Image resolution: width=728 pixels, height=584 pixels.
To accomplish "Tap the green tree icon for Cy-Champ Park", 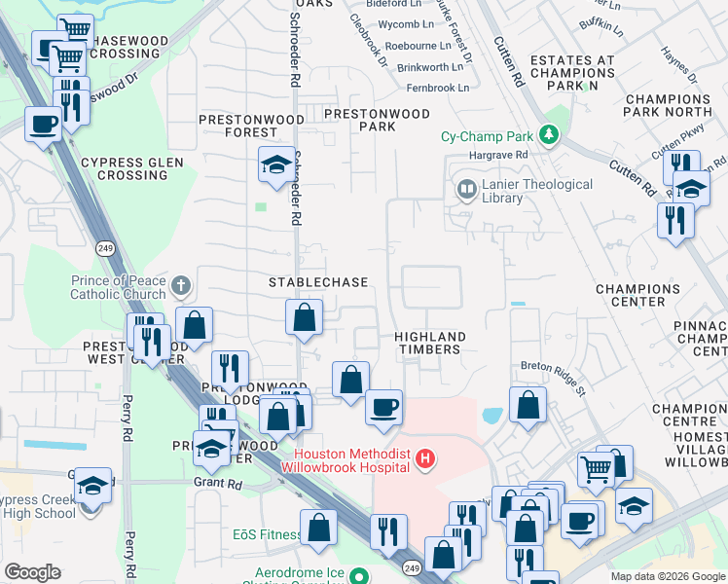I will pos(551,135).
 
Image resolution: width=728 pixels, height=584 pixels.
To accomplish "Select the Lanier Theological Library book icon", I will pos(466,188).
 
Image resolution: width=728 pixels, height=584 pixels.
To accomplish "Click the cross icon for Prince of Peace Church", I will pos(178,285).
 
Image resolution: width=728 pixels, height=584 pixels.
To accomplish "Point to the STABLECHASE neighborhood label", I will pos(318,282).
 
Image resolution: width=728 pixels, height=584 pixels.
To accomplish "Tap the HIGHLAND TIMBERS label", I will pos(429,343).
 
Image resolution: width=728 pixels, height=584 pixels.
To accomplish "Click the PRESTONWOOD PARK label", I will pos(377,120).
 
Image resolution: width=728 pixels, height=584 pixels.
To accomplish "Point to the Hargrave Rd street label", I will pos(495,154).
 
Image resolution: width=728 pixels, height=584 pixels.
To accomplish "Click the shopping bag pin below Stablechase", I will pos(305,317).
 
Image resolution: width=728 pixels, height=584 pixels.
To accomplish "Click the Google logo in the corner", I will pos(32,572).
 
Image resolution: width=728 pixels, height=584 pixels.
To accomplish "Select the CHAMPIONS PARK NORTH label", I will pos(668,105).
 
